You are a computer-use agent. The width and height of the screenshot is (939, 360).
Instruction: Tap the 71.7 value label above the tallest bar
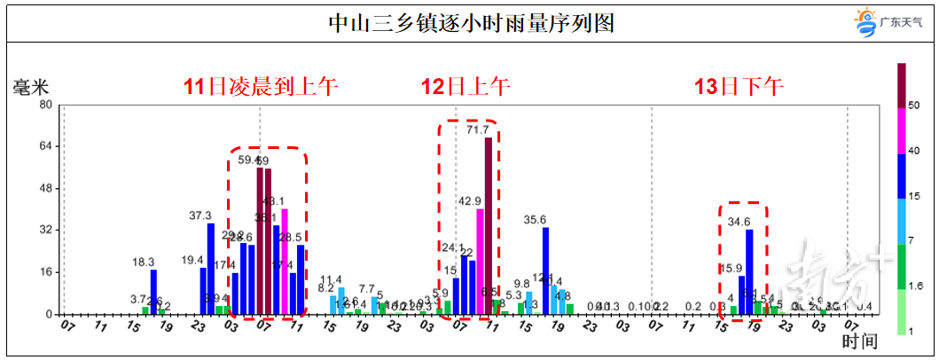(478, 129)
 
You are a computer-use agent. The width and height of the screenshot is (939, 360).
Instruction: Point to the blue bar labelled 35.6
(545, 270)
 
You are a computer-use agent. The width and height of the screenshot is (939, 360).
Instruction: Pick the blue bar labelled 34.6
(749, 271)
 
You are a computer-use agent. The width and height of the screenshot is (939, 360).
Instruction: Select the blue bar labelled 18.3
(153, 292)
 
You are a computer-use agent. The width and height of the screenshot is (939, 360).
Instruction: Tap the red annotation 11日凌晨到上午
(261, 87)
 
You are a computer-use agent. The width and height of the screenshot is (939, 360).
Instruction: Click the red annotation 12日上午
(466, 87)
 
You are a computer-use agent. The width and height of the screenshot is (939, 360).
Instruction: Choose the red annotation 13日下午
(739, 87)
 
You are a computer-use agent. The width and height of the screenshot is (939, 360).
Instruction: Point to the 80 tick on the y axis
(45, 105)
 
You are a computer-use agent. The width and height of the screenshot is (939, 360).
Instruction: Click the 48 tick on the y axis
(45, 188)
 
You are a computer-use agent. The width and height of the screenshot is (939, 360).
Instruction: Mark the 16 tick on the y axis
(45, 272)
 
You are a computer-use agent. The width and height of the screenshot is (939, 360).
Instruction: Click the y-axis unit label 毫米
(30, 87)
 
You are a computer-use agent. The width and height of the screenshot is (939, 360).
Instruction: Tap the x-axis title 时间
(860, 340)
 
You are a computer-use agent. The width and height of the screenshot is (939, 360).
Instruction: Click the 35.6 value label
(535, 220)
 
